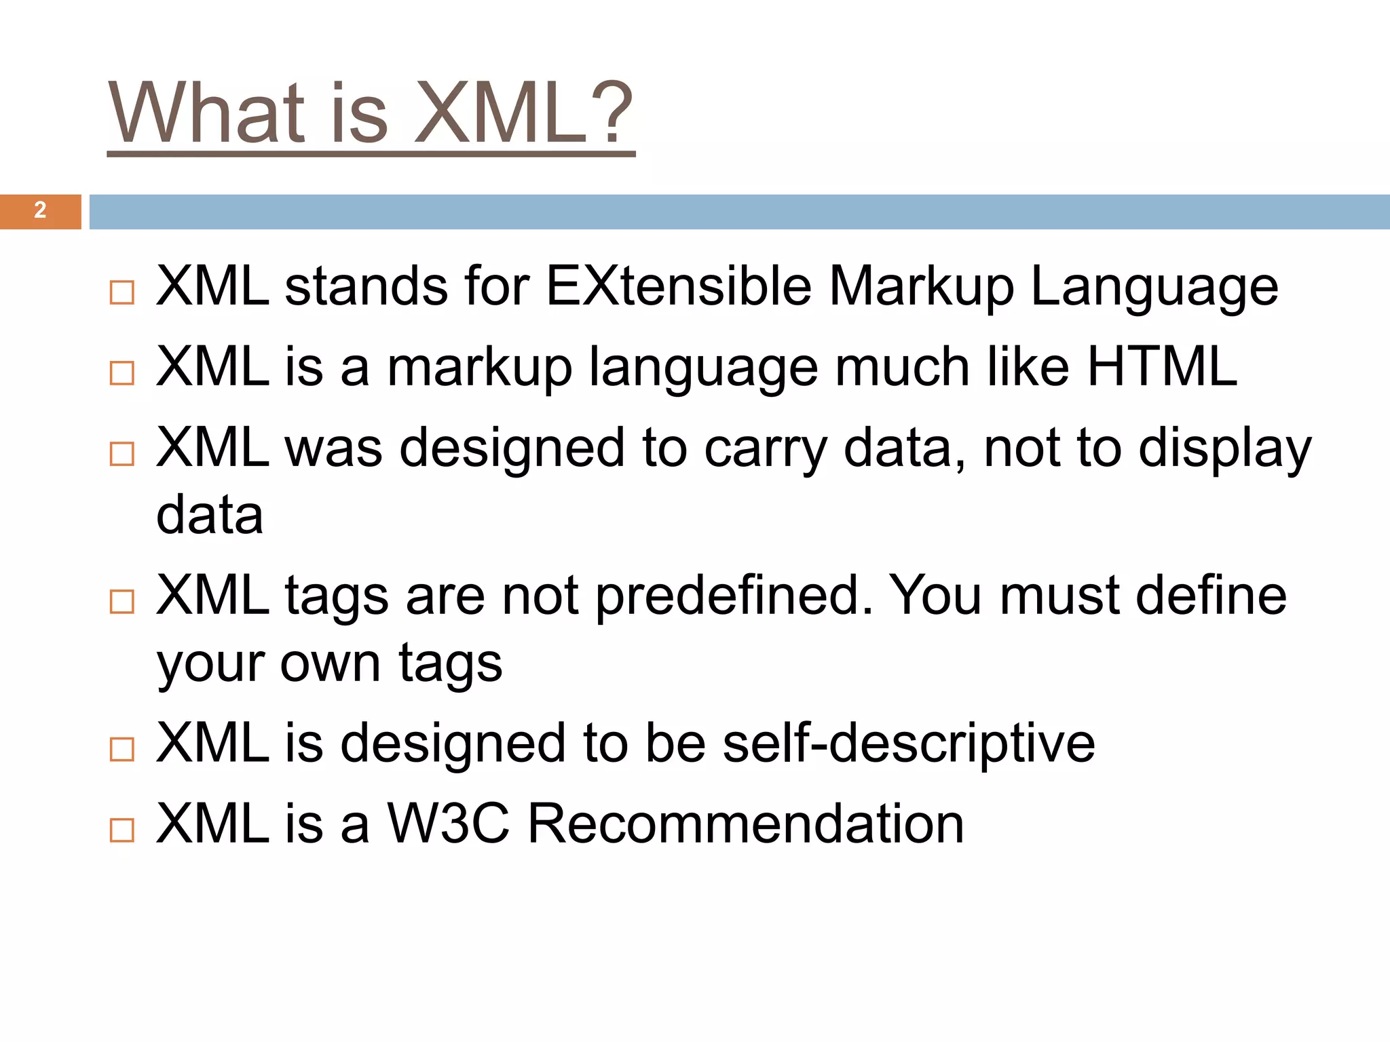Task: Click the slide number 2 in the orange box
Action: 40,210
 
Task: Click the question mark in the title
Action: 615,113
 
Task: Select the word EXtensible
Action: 678,286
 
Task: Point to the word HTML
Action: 1162,367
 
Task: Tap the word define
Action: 1211,596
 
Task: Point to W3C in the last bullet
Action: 448,824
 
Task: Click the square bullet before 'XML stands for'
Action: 122,292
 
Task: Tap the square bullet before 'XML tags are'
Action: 122,601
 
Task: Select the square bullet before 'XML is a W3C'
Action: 122,830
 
